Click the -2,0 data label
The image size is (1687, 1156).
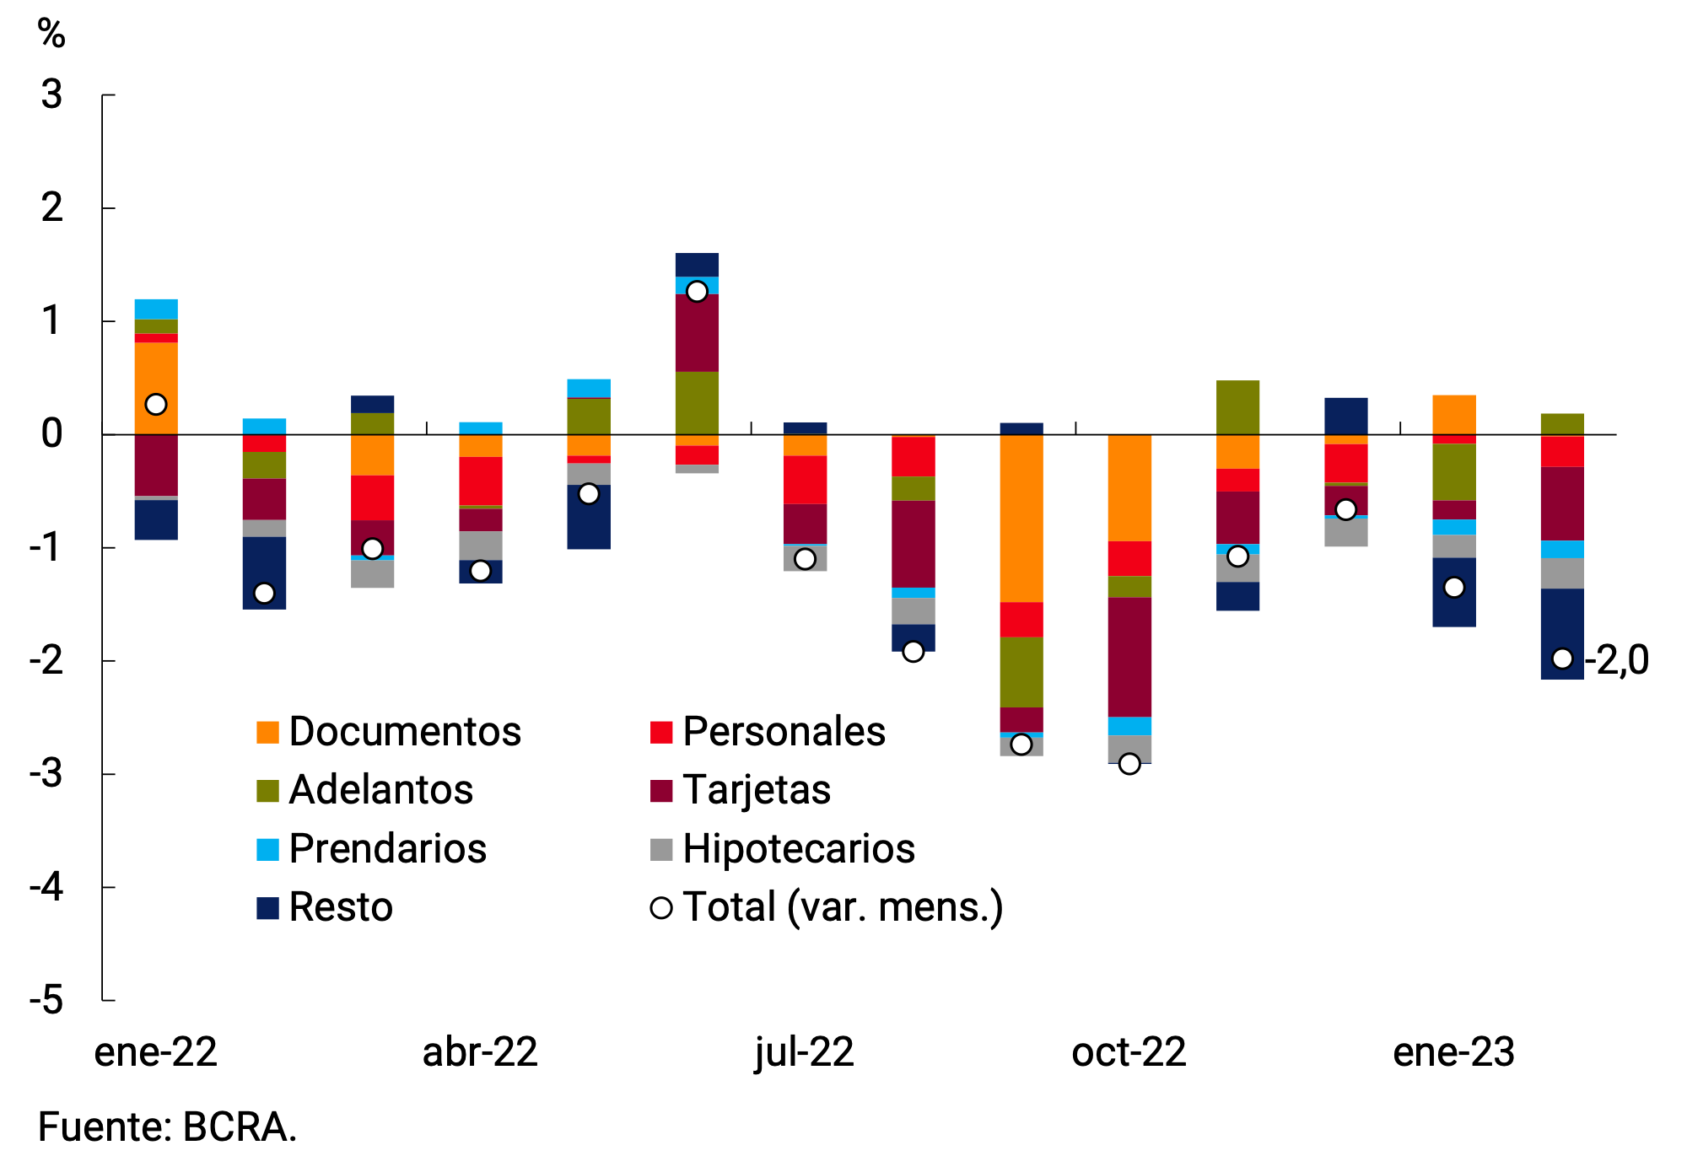coord(1617,659)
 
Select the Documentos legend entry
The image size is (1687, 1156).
coord(390,731)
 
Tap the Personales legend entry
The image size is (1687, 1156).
coord(768,731)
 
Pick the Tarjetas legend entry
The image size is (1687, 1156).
coord(741,790)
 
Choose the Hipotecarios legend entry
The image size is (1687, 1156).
coord(783,848)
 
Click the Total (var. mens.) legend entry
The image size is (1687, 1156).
coord(827,907)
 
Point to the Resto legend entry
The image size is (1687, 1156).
coord(326,907)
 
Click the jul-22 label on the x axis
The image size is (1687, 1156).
coord(804,1052)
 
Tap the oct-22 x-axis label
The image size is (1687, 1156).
coord(1129,1052)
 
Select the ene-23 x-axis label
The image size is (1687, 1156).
coord(1453,1052)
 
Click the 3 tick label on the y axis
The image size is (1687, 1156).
coord(51,94)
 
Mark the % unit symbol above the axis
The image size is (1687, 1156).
coord(51,34)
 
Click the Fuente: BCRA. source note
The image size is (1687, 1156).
coord(167,1126)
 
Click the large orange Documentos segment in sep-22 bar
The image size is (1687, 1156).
coord(1021,518)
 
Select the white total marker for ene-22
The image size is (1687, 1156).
coord(156,404)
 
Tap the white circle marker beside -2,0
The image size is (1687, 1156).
coord(1562,659)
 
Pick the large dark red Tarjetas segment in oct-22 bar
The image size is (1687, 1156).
coord(1129,656)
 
